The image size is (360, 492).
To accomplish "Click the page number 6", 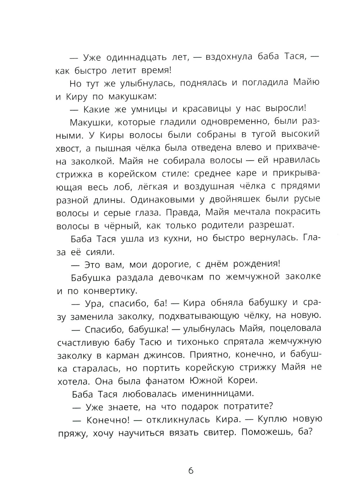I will [191, 470].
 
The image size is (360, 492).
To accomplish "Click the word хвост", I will [68, 148].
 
